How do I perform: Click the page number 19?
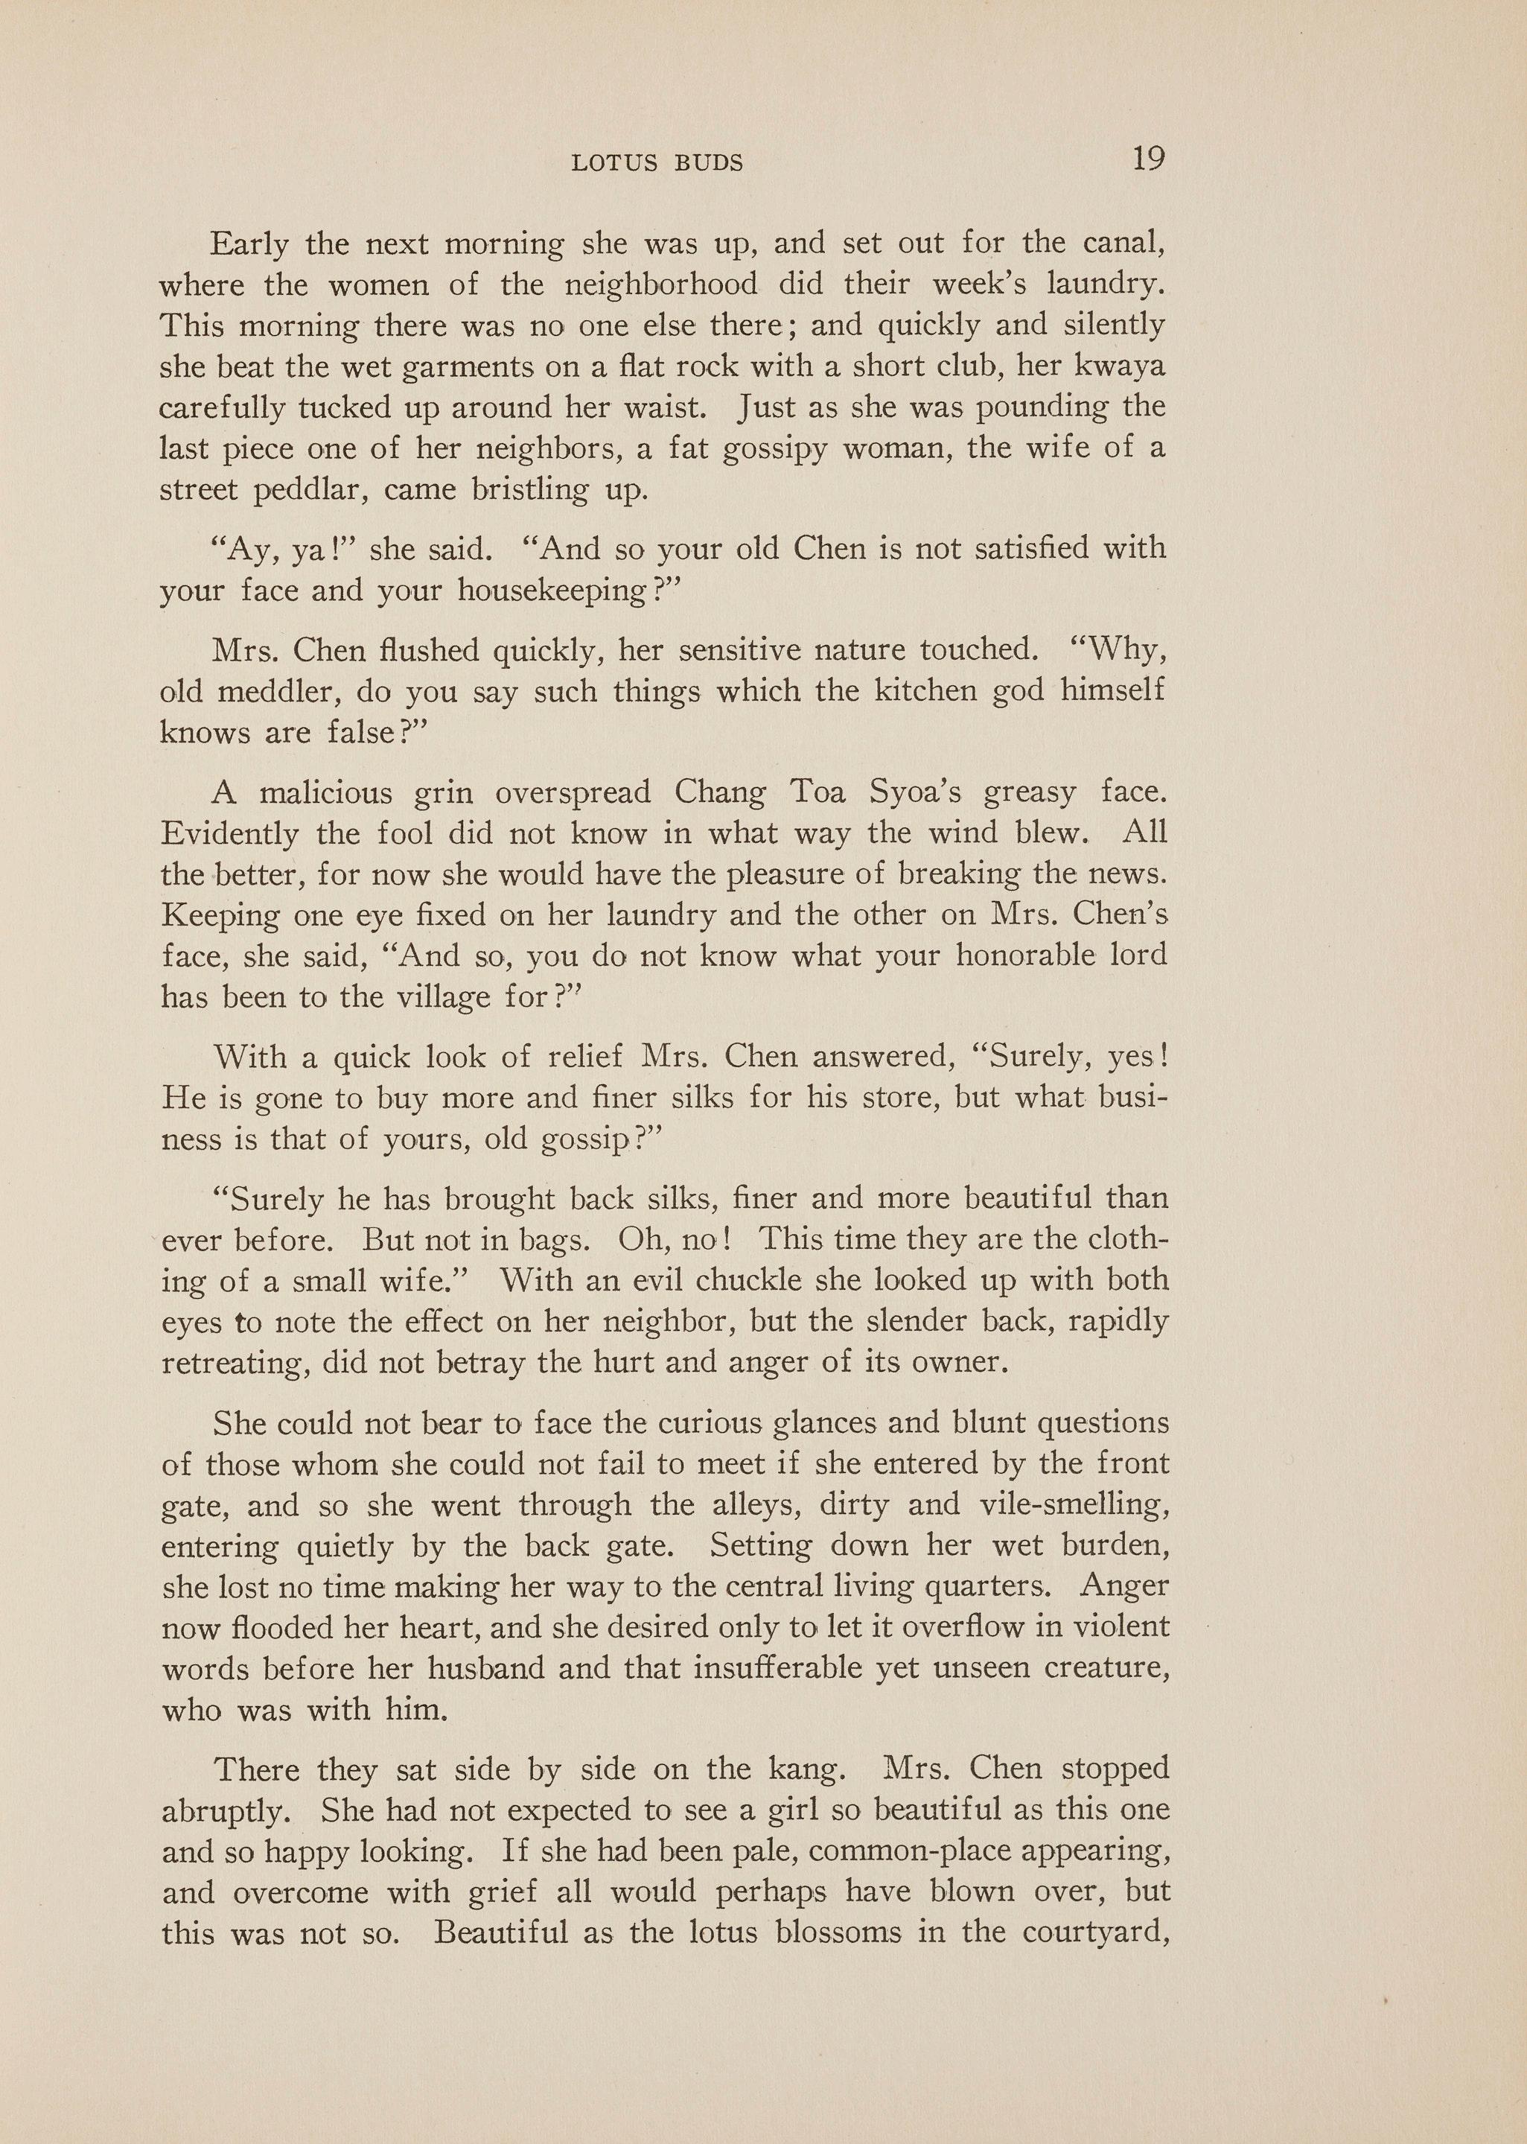click(x=1148, y=158)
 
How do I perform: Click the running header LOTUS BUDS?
click(x=657, y=164)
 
